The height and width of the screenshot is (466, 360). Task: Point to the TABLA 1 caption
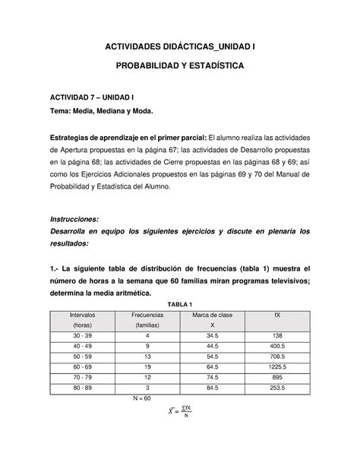point(180,304)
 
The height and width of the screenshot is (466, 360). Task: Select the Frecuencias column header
point(147,314)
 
